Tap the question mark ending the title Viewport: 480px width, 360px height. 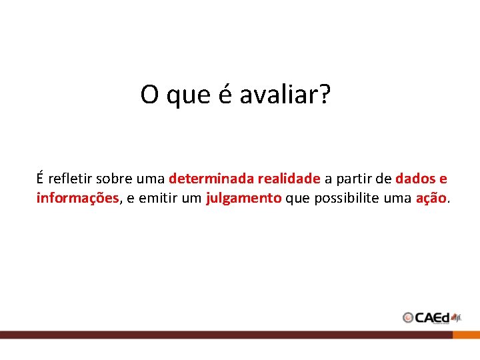tap(325, 95)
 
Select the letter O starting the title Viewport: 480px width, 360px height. tap(149, 95)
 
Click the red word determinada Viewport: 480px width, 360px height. tap(211, 179)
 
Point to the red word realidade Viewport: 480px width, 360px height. tap(289, 179)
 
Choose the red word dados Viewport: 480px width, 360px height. tap(415, 179)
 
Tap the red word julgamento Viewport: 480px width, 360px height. tap(244, 198)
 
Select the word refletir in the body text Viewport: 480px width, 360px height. tap(70, 179)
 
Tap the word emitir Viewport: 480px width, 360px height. tap(157, 198)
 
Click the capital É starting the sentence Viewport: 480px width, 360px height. tap(41, 179)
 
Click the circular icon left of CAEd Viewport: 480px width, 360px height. tap(408, 318)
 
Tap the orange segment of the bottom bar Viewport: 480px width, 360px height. tap(466, 335)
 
